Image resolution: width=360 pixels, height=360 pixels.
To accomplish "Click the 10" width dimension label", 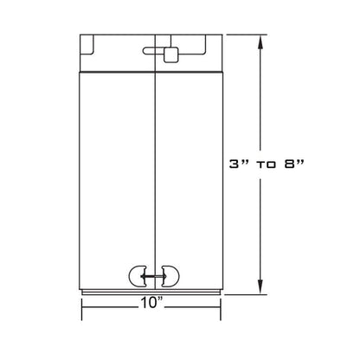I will point(152,303).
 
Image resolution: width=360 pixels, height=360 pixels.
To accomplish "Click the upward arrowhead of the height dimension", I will point(260,38).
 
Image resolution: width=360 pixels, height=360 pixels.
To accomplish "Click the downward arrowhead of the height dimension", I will point(260,292).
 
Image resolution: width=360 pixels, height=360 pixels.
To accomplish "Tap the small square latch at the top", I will point(170,56).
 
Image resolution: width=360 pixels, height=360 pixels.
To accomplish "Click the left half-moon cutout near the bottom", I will point(138,277).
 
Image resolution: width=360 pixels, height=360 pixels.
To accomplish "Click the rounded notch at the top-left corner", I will point(87,41).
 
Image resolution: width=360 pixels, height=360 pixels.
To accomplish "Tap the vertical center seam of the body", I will point(153,173).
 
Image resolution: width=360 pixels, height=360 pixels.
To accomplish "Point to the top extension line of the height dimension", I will point(247,34).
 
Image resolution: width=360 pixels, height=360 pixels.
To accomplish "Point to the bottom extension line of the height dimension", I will point(247,297).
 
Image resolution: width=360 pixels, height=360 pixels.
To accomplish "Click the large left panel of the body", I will point(116,173).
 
